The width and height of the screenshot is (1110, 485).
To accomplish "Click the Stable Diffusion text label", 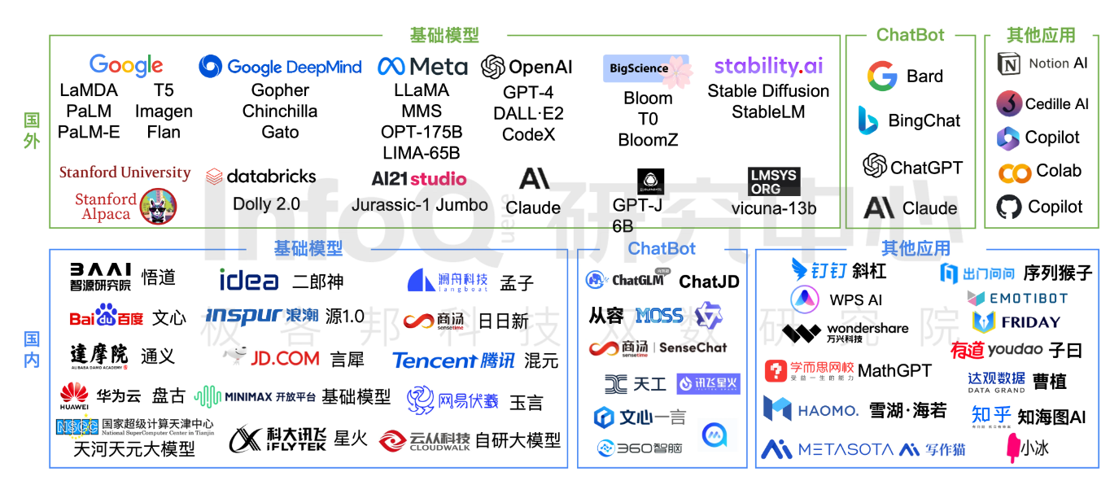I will [x=768, y=90].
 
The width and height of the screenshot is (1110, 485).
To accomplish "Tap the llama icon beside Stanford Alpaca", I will [x=158, y=206].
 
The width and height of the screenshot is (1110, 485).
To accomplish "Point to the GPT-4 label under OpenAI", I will [x=527, y=92].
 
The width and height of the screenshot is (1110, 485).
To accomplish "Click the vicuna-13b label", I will [x=774, y=208].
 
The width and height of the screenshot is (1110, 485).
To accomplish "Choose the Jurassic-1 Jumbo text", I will [x=419, y=204].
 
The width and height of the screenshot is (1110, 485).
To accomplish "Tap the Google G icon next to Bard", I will [x=881, y=76].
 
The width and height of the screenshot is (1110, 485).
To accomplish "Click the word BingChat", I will [x=924, y=120].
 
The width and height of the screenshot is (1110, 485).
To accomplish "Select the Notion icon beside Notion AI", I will [x=1009, y=64].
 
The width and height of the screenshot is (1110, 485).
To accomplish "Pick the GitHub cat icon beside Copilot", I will [x=1009, y=207].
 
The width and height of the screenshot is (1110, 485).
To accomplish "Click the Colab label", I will [x=1058, y=171].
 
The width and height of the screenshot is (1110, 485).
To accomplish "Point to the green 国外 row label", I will [x=32, y=130].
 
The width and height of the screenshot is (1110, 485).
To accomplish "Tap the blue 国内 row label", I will [x=32, y=349].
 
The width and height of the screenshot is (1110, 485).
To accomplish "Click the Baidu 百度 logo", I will [x=106, y=317].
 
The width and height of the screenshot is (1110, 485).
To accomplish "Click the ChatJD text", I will [x=709, y=282].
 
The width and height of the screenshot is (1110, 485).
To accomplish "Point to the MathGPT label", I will [x=894, y=371].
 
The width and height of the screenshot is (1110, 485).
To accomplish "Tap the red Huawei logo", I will [x=74, y=397].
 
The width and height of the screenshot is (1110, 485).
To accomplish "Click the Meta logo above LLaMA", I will [x=422, y=67].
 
